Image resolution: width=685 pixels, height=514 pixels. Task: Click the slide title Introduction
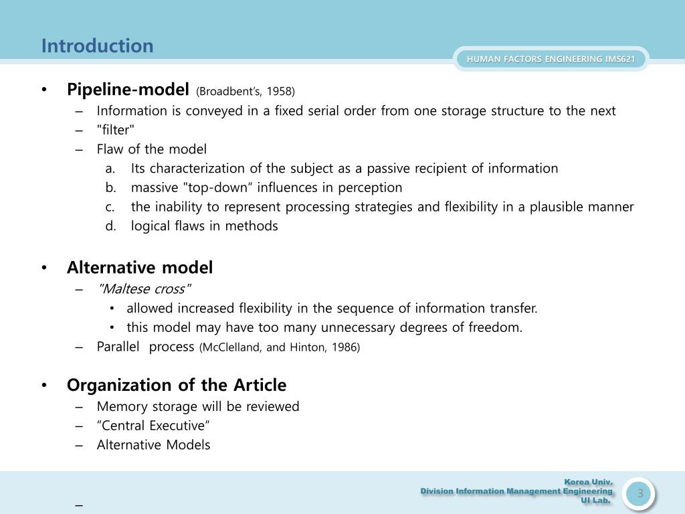pos(97,46)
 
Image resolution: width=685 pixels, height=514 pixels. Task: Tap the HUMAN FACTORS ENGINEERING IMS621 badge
pos(551,59)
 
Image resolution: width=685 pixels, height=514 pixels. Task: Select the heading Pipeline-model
pos(128,90)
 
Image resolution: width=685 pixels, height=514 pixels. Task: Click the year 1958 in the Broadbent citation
pos(282,91)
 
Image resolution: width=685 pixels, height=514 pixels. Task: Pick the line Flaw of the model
pos(151,149)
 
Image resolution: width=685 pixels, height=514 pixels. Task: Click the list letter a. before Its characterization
pos(111,169)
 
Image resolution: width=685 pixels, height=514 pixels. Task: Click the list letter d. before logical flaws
pos(111,226)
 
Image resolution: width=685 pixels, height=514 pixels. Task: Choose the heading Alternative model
pos(139,268)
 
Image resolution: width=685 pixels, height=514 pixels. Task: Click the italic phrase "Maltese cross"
pos(144,289)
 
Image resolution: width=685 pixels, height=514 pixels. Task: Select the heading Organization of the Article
pos(176,385)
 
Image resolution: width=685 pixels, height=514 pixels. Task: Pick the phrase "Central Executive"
pos(153,426)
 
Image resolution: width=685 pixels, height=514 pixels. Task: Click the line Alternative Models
pos(153,445)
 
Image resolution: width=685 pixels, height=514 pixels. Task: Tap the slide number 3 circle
pos(639,494)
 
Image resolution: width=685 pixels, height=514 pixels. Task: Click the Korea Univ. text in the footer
pos(588,482)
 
